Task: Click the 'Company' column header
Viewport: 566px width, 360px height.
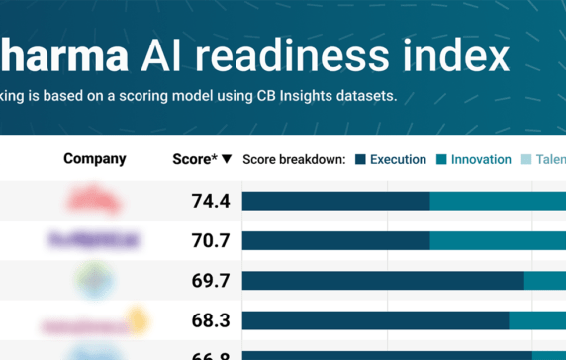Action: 95,159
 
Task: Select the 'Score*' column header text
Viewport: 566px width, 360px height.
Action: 194,159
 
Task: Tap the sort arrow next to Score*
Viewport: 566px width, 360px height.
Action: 227,159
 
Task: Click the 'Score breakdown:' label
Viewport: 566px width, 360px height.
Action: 294,159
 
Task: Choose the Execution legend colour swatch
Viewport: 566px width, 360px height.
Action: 360,159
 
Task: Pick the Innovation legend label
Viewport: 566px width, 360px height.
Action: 481,159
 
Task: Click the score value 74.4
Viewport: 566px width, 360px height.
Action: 210,201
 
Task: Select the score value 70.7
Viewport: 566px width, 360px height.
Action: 210,240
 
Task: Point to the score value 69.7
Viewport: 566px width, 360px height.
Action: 210,281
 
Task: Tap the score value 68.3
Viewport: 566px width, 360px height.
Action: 210,320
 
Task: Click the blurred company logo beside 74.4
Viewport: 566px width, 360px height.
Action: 95,201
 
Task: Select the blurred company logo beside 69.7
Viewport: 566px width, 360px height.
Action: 95,281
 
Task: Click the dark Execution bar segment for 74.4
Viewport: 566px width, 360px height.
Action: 335,201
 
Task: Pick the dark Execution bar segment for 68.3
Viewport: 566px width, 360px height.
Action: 375,320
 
